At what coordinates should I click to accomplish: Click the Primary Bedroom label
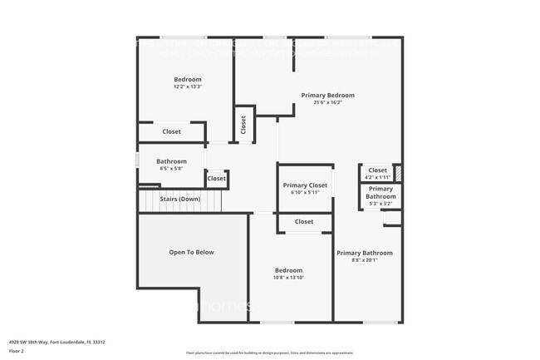328,96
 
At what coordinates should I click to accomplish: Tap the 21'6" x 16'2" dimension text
328,103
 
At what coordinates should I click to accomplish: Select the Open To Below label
192,252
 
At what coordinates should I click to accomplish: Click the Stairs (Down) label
180,199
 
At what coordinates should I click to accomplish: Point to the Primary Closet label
305,185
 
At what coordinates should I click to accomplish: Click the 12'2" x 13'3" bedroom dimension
188,86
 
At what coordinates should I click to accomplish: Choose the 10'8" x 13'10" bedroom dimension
289,278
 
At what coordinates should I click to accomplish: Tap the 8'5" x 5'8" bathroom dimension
171,169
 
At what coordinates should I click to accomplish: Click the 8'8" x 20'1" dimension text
364,260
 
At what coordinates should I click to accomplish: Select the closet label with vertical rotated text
243,125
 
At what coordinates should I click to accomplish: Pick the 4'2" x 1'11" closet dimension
377,177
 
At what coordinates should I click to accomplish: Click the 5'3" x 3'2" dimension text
380,203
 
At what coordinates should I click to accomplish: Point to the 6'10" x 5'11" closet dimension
305,193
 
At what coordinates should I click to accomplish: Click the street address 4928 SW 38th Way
57,342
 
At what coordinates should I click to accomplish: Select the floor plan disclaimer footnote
270,353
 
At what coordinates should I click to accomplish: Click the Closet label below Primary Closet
304,222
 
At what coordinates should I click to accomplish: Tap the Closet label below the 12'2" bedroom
171,131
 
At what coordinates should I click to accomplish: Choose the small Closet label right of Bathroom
216,178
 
